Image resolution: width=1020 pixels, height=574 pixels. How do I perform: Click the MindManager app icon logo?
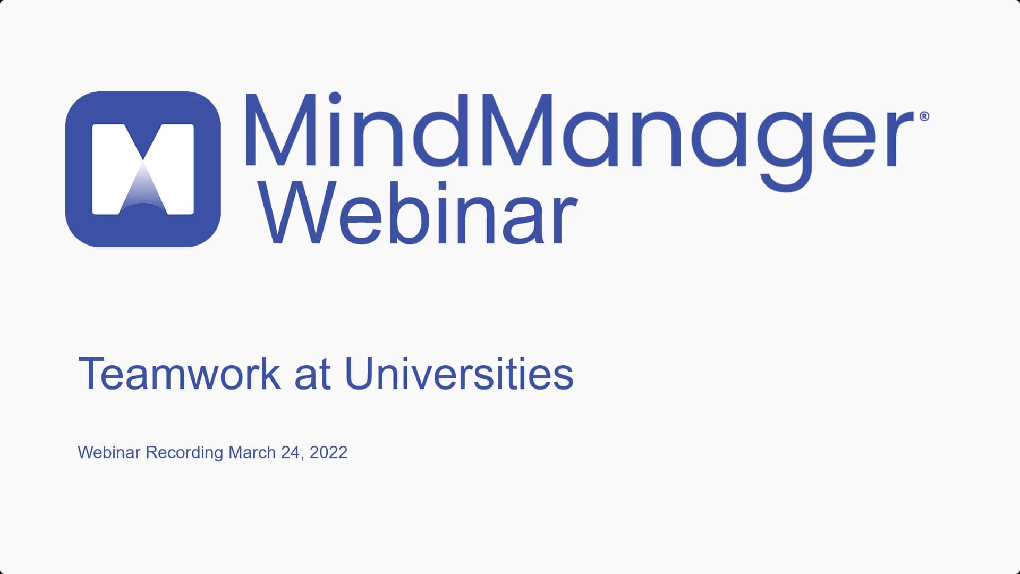143,169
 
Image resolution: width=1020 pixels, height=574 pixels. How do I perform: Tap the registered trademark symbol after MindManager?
924,116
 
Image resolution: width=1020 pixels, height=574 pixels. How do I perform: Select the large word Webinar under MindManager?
420,213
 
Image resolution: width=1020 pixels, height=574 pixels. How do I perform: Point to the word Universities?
460,374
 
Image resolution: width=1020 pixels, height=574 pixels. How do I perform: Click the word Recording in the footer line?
184,453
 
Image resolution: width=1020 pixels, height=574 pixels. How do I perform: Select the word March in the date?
252,452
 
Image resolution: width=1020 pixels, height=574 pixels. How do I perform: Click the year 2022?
328,452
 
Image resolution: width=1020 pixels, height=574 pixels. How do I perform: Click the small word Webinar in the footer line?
109,452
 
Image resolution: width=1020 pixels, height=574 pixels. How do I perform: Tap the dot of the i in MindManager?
335,98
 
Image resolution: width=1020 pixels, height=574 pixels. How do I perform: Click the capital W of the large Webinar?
300,213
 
